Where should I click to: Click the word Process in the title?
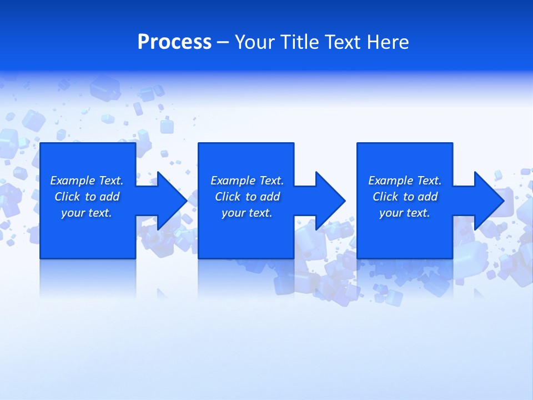174,42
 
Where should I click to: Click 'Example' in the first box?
73,181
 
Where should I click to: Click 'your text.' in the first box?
87,213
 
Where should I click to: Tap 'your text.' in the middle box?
247,213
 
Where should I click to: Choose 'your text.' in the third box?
405,213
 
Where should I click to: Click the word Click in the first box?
67,197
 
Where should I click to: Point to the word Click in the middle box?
228,197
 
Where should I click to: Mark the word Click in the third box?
385,197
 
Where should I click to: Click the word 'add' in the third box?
428,197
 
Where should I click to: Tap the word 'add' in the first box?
109,197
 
